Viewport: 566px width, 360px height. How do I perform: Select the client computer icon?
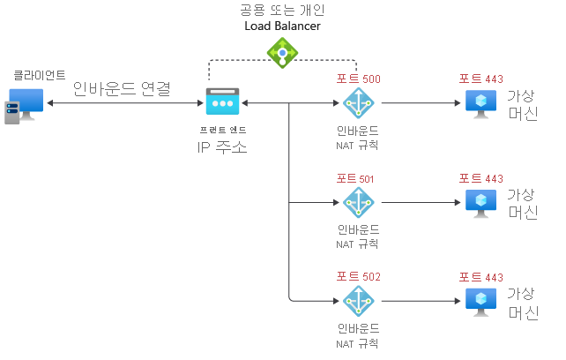[24, 103]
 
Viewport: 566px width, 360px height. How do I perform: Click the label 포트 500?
[359, 79]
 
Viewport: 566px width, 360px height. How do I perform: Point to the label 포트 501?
[355, 178]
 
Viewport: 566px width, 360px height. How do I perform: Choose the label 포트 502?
[359, 277]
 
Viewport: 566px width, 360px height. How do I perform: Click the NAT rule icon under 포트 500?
[359, 103]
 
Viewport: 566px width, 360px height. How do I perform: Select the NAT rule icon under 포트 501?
[359, 202]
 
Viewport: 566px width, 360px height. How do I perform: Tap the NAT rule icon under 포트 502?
[359, 301]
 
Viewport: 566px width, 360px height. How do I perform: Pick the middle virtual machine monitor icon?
[480, 202]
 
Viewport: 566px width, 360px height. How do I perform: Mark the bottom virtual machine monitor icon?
[480, 301]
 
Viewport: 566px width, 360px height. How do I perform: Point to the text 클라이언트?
[39, 76]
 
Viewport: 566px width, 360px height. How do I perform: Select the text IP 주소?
[221, 146]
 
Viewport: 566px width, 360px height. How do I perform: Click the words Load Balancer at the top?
[282, 26]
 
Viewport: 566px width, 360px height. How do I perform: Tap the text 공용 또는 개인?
[282, 10]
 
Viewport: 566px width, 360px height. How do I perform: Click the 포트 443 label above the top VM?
[480, 79]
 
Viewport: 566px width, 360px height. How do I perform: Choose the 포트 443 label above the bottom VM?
[480, 277]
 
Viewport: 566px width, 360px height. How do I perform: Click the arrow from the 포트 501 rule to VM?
[420, 202]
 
